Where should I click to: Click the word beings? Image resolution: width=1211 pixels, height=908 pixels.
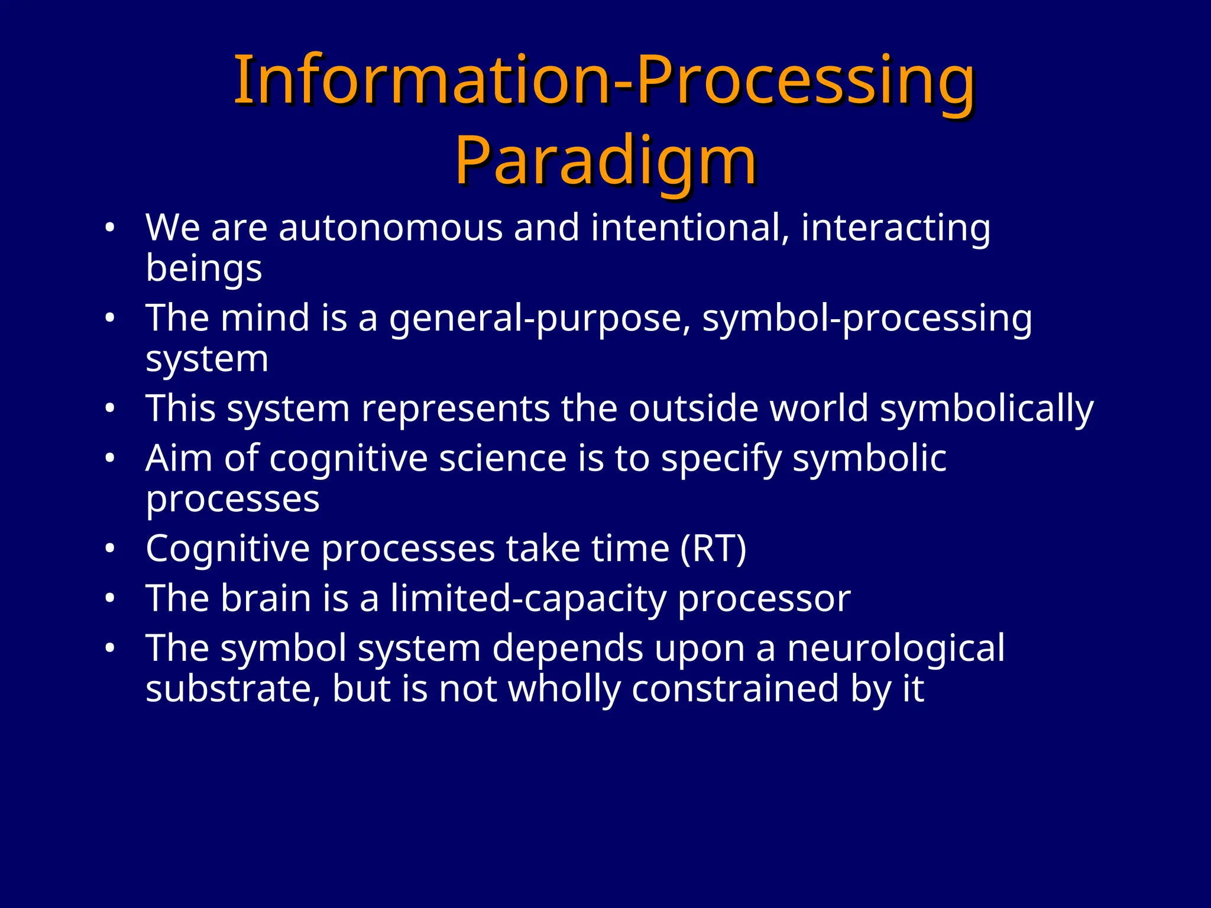pyautogui.click(x=203, y=269)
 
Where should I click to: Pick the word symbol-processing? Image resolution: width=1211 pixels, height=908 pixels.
pyautogui.click(x=867, y=319)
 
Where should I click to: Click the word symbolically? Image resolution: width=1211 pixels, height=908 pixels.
pyautogui.click(x=986, y=409)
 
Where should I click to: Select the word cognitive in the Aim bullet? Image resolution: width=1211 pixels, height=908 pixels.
pyautogui.click(x=348, y=459)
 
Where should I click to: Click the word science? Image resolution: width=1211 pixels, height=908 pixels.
pyautogui.click(x=503, y=459)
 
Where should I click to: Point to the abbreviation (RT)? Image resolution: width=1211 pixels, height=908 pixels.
pyautogui.click(x=713, y=549)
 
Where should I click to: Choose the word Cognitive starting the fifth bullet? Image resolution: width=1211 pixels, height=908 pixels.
pyautogui.click(x=228, y=549)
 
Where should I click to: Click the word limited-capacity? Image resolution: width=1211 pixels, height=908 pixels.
pyautogui.click(x=528, y=599)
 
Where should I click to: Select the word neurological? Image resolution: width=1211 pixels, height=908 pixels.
pyautogui.click(x=895, y=648)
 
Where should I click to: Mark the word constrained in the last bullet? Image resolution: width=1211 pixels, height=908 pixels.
pyautogui.click(x=735, y=689)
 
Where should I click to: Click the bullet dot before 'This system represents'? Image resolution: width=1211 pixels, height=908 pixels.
pyautogui.click(x=109, y=409)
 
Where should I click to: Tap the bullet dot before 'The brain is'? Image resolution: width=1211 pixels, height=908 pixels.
pyautogui.click(x=109, y=599)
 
